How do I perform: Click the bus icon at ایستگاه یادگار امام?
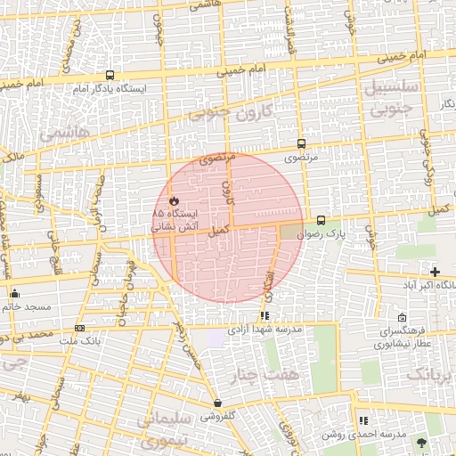click(110, 76)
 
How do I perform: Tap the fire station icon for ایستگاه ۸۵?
click(174, 201)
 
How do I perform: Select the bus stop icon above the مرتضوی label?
click(301, 143)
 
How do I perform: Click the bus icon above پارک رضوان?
click(321, 220)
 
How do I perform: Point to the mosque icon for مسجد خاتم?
click(14, 294)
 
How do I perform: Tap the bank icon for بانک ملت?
click(80, 328)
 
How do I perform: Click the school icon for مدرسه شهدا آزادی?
click(265, 315)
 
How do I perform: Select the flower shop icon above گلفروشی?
click(217, 403)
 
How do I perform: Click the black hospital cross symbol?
click(435, 272)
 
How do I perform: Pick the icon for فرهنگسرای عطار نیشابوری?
click(403, 318)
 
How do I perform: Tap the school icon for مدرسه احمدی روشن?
click(362, 420)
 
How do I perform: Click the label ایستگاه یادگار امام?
click(109, 89)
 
